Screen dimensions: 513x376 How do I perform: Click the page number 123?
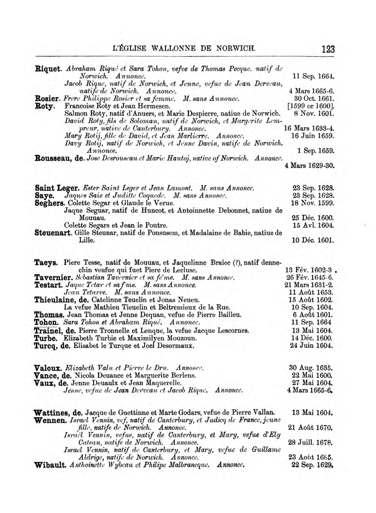point(328,49)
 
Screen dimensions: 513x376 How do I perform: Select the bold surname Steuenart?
point(53,233)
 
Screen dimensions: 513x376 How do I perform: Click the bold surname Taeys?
point(47,262)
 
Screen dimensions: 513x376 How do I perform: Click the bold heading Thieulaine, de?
point(61,300)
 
